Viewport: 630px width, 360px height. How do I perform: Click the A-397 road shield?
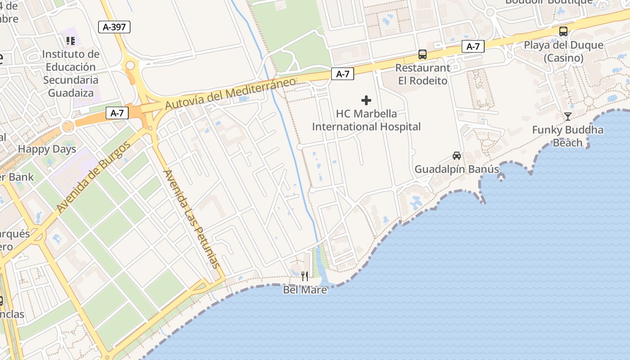[x=114, y=27]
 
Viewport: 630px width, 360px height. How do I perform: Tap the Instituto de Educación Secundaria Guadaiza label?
[x=71, y=73]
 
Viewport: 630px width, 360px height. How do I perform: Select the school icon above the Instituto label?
[x=71, y=41]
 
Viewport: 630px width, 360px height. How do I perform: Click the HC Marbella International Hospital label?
[x=366, y=120]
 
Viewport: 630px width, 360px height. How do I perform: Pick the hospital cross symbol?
[x=366, y=100]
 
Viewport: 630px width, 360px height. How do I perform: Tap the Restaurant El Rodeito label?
[x=423, y=74]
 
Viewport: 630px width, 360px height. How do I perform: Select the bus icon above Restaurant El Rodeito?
[x=423, y=54]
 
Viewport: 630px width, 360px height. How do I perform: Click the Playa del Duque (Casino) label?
[x=563, y=51]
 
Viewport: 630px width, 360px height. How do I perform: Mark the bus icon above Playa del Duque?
[x=563, y=31]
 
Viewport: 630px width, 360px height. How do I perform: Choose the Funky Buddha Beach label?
[x=567, y=136]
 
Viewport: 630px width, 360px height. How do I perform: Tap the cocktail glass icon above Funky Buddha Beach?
[x=568, y=117]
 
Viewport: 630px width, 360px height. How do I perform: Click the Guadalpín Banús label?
[x=457, y=170]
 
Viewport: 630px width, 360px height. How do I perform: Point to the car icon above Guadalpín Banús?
[x=457, y=156]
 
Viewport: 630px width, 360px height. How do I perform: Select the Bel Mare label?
[x=305, y=290]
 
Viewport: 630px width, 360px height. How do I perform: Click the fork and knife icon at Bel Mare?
[x=305, y=276]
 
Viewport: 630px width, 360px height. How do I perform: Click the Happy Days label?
[x=47, y=149]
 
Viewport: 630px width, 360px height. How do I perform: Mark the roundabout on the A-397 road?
[x=130, y=66]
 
